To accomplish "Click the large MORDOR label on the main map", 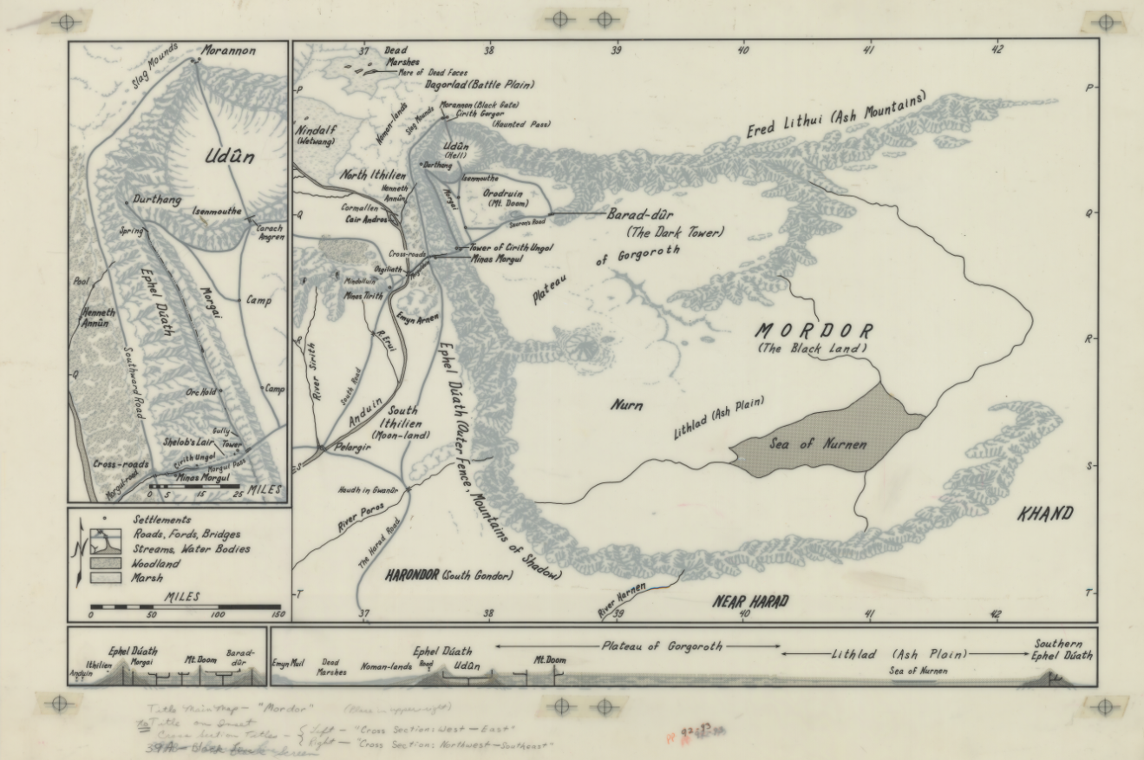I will coord(814,331).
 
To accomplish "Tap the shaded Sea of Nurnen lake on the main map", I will coord(819,443).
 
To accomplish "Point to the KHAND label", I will coord(1044,514).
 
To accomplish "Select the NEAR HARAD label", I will coord(751,601).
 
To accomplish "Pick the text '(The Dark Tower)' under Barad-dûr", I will coord(674,233).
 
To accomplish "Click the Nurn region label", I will coord(626,404).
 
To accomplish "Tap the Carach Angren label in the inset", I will coord(270,233).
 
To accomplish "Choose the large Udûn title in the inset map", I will coord(230,158).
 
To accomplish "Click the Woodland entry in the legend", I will coord(156,563).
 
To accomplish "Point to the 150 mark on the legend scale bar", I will coord(278,614).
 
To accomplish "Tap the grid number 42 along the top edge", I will coord(997,50).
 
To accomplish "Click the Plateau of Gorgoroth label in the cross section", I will coord(663,646).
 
